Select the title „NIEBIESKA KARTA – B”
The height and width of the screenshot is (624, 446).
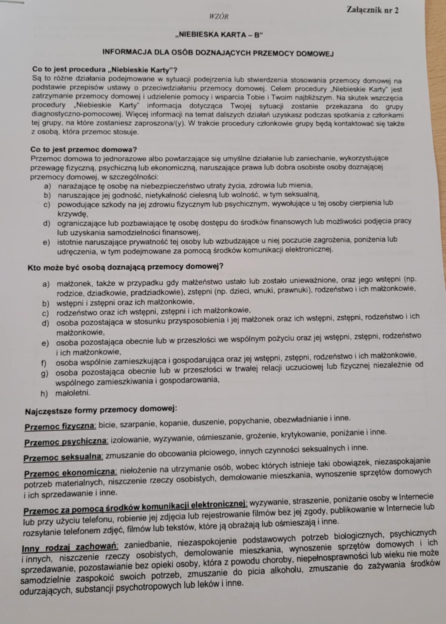219,35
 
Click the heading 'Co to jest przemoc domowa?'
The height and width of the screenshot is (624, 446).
84,150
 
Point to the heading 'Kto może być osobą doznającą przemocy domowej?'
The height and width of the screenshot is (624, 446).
125,267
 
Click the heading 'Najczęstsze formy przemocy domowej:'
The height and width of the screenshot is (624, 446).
101,410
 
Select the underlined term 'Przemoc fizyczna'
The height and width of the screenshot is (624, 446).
60,426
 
